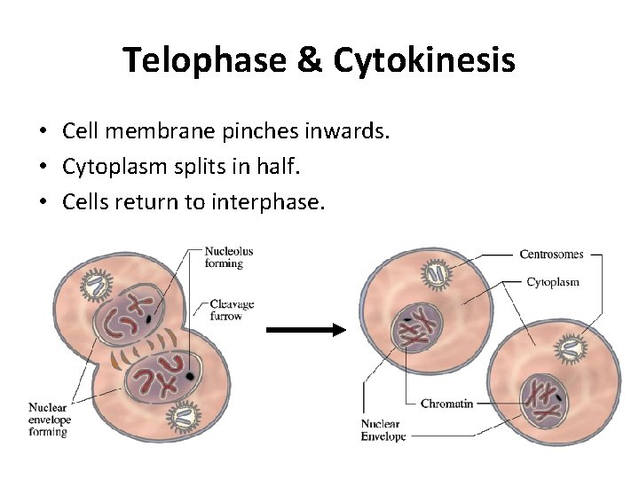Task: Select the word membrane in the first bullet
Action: tap(172, 131)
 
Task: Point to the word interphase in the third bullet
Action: tap(268, 202)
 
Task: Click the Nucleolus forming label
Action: tap(228, 257)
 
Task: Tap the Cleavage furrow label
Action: tap(232, 310)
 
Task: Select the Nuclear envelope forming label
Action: tap(50, 420)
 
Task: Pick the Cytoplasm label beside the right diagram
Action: tap(553, 283)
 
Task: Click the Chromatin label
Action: tap(446, 404)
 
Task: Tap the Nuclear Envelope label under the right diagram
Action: tap(384, 429)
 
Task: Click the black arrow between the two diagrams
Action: tap(305, 330)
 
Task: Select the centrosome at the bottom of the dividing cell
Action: tap(185, 414)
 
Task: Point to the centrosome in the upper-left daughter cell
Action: tap(438, 273)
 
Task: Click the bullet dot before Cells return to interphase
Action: tap(43, 203)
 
